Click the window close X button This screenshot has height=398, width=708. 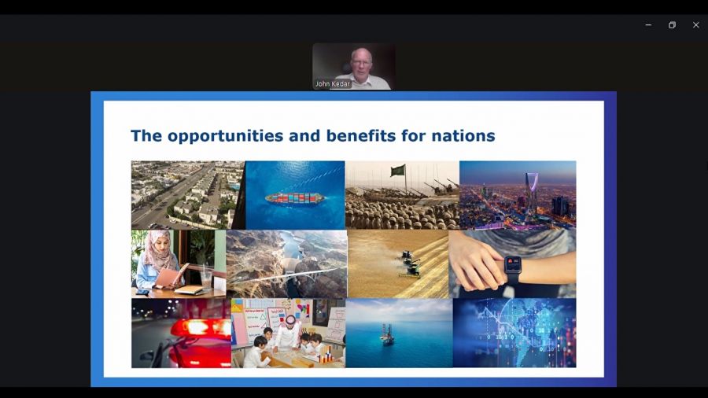(696, 25)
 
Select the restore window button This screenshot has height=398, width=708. (672, 25)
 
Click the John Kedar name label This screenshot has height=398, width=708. (332, 84)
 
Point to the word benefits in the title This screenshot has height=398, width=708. (361, 135)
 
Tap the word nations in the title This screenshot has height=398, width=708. (463, 136)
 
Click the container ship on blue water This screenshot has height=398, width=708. (294, 197)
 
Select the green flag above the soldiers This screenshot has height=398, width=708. (398, 170)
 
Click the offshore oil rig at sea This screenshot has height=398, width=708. (386, 334)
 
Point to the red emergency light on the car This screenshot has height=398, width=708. (201, 328)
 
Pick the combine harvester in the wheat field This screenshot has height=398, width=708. (410, 264)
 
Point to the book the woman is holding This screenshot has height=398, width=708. (171, 276)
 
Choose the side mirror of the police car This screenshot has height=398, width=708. (148, 356)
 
